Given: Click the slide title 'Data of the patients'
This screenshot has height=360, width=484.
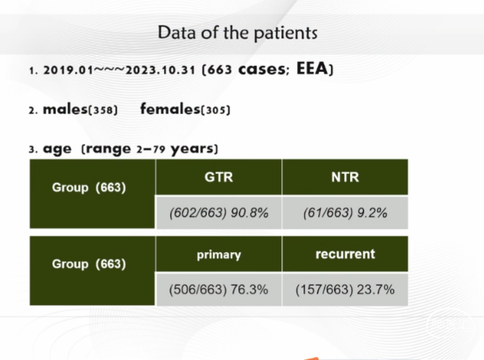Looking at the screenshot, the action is point(237,33).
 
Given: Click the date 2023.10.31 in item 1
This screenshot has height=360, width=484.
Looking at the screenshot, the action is point(160,70).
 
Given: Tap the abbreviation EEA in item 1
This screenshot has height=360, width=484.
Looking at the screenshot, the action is point(312,68).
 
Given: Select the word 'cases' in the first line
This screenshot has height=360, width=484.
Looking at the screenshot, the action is point(263,69).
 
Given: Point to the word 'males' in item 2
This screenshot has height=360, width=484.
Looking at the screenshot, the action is point(65,109).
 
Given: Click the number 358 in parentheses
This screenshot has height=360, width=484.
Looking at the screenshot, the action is point(103,110).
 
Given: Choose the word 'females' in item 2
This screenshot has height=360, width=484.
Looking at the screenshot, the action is point(171,109).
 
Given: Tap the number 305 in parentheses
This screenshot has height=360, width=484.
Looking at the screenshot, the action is point(215,110).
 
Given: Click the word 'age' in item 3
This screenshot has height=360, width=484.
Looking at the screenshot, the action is point(57,149).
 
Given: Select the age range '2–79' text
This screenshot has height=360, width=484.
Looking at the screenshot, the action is point(151,149).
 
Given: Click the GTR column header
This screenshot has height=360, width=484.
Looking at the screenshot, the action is point(219,177).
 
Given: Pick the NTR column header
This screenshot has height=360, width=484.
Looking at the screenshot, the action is point(345,177).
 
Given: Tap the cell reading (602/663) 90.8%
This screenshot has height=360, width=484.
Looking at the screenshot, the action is point(219,213).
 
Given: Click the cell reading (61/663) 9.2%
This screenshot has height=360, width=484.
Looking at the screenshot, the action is point(345,213).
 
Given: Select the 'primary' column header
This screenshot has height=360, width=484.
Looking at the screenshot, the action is point(219,255).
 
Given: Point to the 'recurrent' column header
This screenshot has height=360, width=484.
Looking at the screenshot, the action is point(345,254).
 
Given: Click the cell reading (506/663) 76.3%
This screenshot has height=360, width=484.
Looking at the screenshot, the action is point(219,289).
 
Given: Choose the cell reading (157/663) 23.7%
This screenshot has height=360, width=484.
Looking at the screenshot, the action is point(345,289).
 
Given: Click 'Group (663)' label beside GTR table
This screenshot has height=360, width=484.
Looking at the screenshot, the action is point(89,187).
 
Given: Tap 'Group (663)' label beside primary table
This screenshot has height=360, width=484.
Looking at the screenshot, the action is point(89,264).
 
